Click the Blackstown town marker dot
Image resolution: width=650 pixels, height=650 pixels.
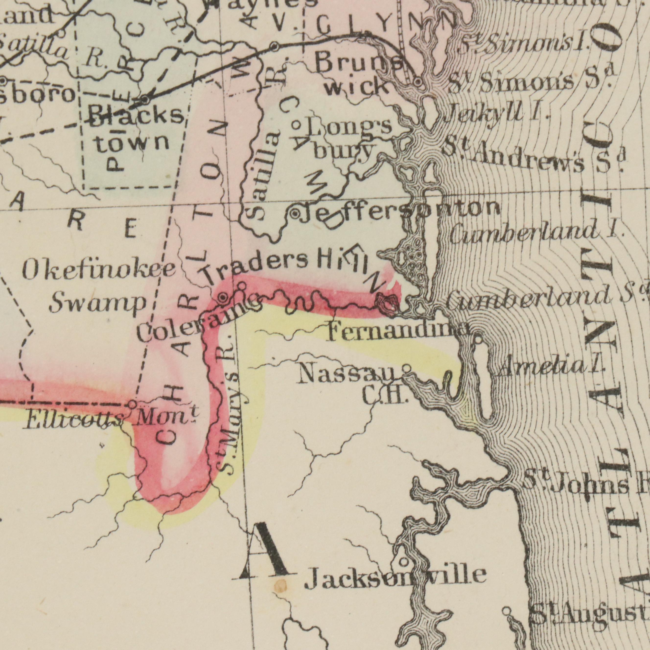pos(145,100)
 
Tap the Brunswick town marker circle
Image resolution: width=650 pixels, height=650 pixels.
pos(418,82)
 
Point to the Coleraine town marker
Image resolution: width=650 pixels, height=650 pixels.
pos(223,297)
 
